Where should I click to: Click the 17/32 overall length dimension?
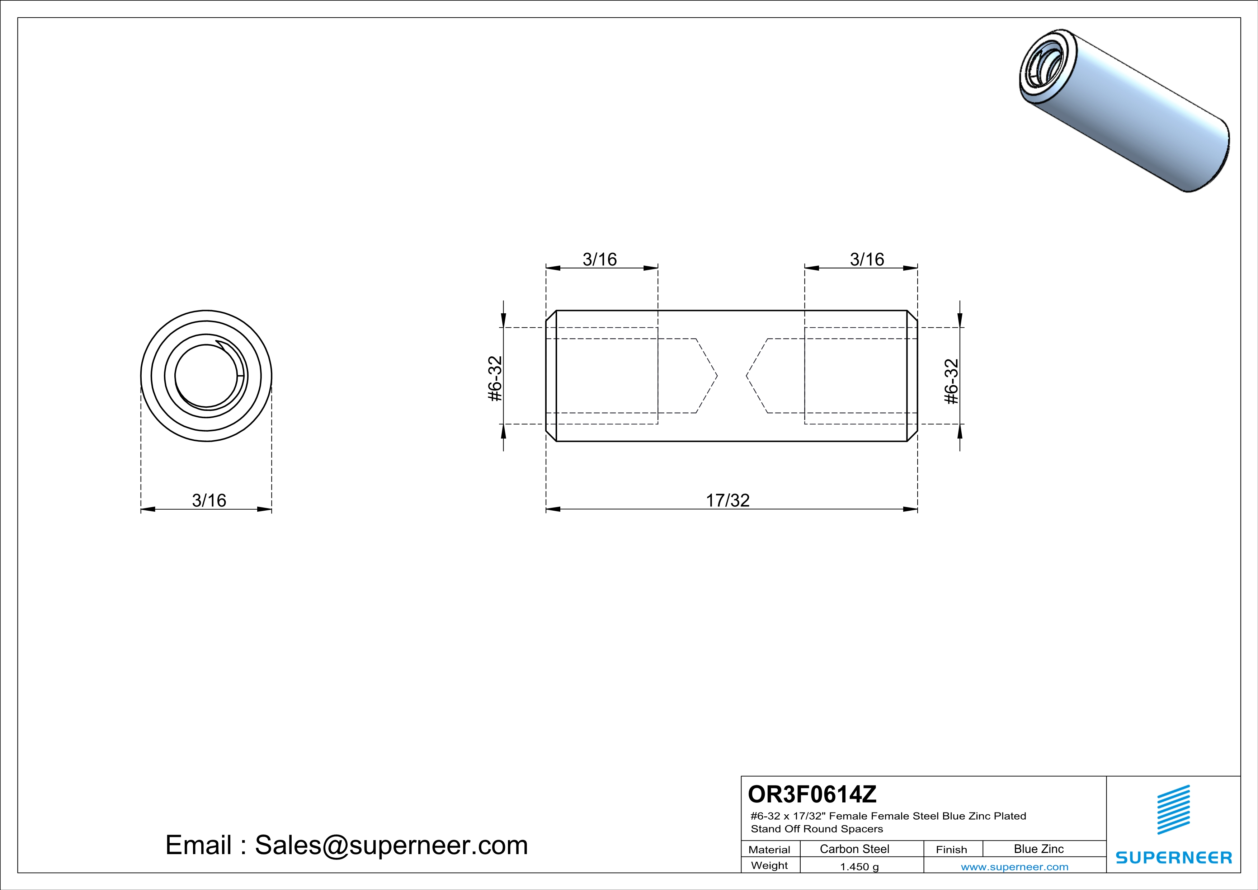[x=727, y=500]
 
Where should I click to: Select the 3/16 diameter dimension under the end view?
[x=209, y=500]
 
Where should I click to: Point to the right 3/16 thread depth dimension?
[x=867, y=259]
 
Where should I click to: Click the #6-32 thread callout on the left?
[x=495, y=379]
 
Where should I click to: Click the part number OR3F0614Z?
[x=812, y=793]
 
